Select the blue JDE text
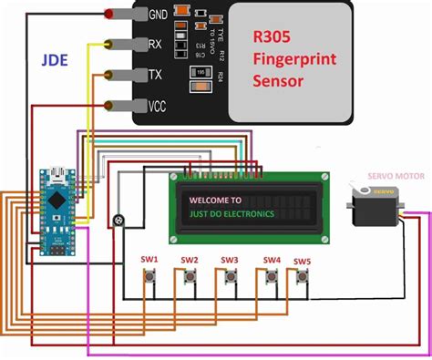coord(53,61)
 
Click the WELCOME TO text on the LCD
coord(216,201)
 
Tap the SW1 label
coord(149,260)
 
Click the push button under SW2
coord(190,280)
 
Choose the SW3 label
coord(230,260)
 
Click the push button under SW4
coord(271,280)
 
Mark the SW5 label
coord(302,262)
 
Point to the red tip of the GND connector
coord(110,15)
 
